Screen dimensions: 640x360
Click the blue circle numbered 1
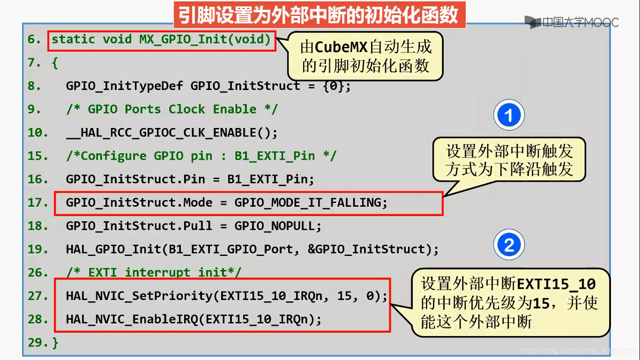(x=509, y=115)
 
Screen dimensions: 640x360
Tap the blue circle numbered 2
(x=509, y=245)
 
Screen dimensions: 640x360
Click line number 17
(x=38, y=202)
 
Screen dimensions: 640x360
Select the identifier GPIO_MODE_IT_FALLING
(x=308, y=202)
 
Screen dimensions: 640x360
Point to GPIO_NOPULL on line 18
(x=275, y=226)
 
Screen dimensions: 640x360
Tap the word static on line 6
(x=73, y=39)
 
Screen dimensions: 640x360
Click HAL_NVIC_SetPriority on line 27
(x=139, y=296)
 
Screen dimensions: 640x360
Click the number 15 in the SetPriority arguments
(x=344, y=296)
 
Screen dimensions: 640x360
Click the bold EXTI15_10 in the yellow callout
(x=556, y=284)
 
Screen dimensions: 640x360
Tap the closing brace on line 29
(x=55, y=343)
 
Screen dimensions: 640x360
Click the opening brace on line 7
(x=55, y=63)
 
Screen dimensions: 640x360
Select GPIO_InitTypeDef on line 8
(x=124, y=86)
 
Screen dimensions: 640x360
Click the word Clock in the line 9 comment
(x=186, y=109)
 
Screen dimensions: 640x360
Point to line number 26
(x=38, y=272)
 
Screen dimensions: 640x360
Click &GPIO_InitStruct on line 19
(x=366, y=249)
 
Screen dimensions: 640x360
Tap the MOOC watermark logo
(x=572, y=22)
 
